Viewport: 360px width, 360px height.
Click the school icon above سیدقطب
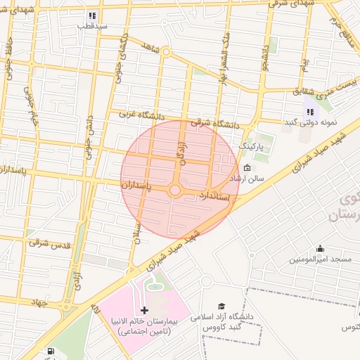point(91,15)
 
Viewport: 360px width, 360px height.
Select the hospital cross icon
point(145,310)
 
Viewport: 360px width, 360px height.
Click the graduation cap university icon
point(222,307)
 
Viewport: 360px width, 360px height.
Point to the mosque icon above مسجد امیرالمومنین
point(321,248)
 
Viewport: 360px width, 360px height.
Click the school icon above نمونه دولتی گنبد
point(310,112)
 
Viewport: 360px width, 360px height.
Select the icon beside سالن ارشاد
point(247,168)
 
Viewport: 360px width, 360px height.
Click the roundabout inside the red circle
point(174,191)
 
